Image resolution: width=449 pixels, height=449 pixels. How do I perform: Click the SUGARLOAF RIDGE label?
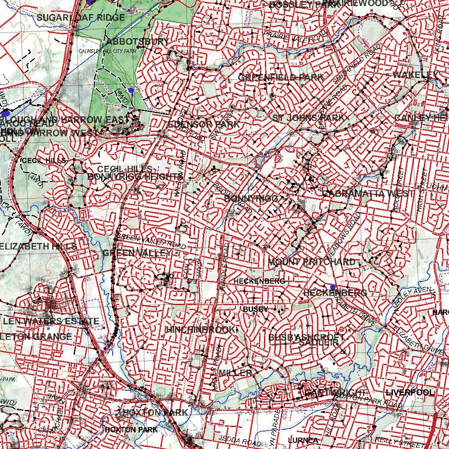81,18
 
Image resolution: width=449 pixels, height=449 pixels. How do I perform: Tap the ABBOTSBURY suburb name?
137,42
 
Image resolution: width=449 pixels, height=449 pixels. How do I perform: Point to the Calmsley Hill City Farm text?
107,51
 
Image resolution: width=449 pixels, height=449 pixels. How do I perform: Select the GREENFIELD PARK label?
281,77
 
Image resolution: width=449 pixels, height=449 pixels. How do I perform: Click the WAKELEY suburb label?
415,75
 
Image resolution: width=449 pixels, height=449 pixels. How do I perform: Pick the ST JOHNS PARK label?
309,118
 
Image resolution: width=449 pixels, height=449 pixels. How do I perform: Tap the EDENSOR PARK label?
204,124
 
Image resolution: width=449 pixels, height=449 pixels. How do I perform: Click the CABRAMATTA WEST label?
368,193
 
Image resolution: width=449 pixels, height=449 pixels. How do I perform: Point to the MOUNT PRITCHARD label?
312,262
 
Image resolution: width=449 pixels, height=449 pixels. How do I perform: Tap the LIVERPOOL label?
410,392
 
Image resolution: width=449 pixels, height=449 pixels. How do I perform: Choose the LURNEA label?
303,440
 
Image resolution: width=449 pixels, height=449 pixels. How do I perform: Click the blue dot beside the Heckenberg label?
333,287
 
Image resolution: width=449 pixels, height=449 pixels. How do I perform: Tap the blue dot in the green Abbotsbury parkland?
131,90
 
